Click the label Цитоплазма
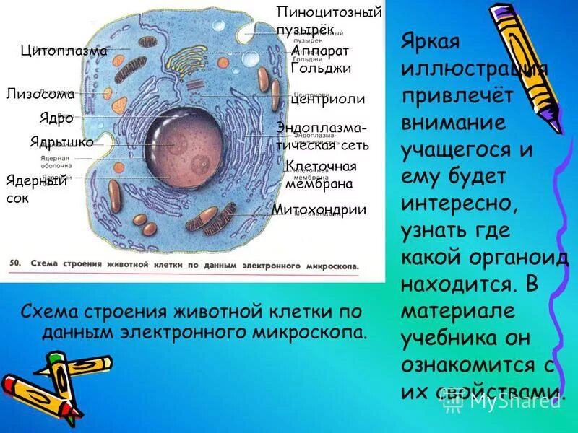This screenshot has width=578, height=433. [x=64, y=51]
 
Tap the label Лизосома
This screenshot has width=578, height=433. [x=40, y=94]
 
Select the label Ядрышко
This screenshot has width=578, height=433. [x=61, y=142]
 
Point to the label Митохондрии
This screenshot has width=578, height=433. [x=319, y=210]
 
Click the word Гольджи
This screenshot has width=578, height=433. [x=320, y=69]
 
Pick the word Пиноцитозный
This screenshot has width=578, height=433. [x=329, y=12]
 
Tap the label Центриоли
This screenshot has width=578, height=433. [x=327, y=100]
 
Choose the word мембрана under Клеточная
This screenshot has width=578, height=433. [x=319, y=184]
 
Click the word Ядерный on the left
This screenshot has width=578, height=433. [x=36, y=180]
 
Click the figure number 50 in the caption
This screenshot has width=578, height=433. [x=14, y=264]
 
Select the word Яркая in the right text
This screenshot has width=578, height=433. [x=431, y=41]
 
